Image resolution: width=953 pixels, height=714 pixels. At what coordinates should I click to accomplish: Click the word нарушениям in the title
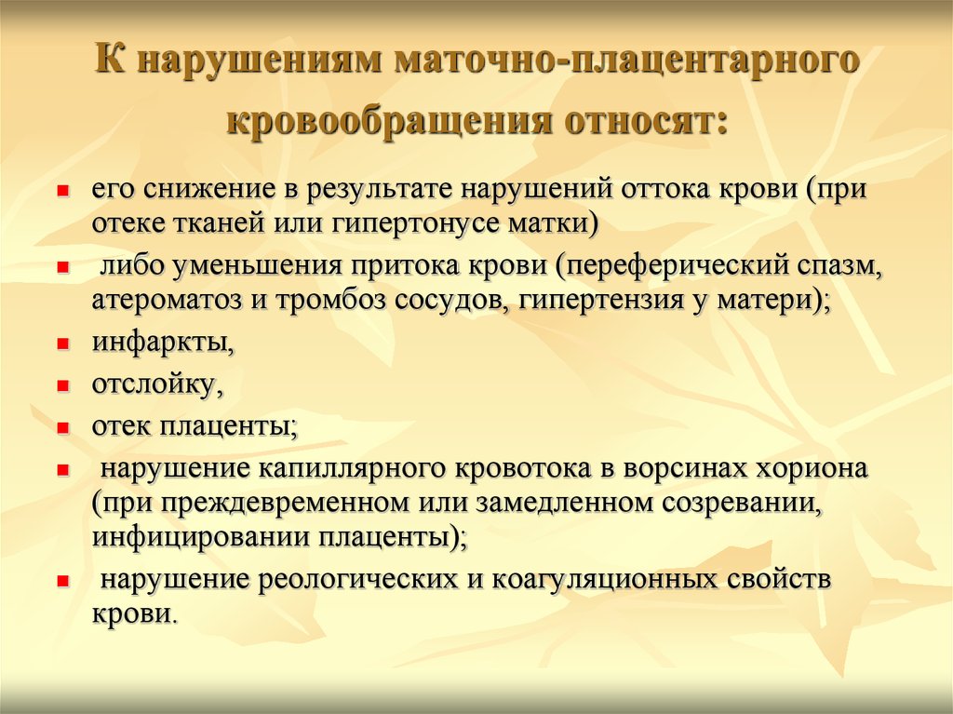click(262, 61)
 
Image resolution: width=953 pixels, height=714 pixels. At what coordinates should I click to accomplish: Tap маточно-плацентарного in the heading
click(626, 61)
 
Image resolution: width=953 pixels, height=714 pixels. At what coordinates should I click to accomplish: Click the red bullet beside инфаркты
click(62, 344)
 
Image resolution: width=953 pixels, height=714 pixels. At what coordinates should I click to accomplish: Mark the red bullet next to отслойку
click(62, 385)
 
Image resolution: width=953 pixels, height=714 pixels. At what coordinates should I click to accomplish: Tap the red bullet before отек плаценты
click(62, 428)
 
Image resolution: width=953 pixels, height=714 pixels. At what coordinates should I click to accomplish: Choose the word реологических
click(357, 579)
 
